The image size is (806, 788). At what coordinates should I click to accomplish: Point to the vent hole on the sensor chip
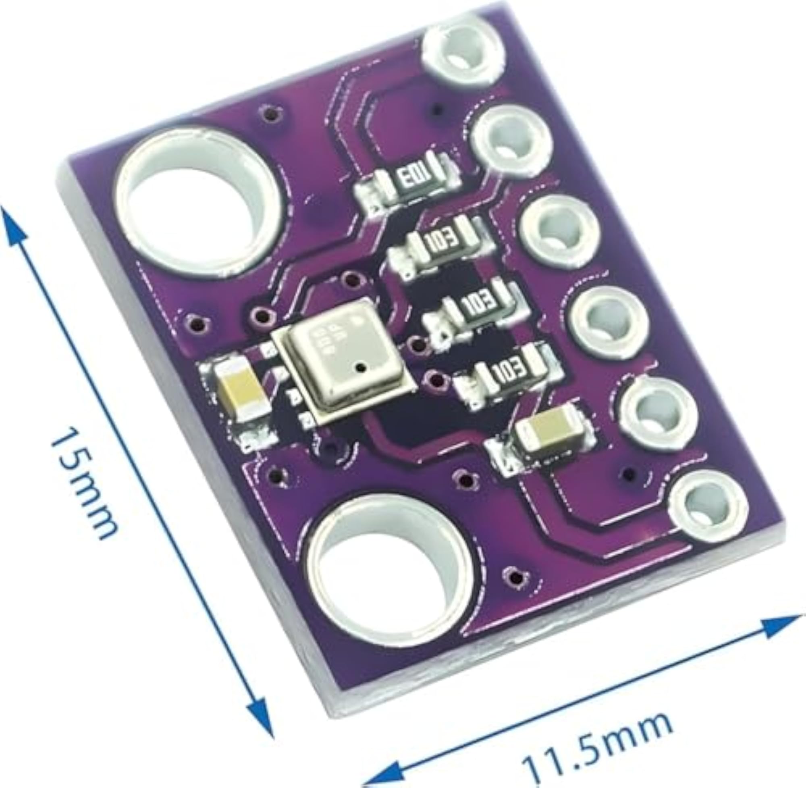tap(361, 366)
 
